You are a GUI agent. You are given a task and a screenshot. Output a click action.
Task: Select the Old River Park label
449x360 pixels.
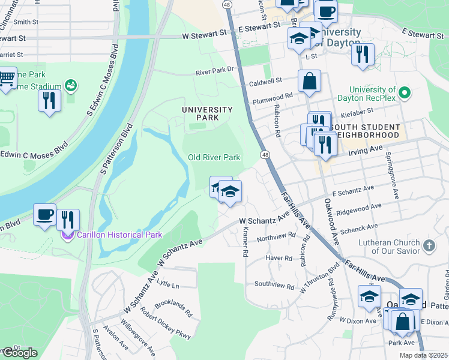(214, 157)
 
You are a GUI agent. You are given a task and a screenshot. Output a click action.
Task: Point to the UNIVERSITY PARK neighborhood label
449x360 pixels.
(207, 113)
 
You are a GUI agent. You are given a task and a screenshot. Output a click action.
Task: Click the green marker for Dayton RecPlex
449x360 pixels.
(405, 93)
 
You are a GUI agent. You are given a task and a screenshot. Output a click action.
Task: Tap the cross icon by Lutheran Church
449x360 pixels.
(429, 245)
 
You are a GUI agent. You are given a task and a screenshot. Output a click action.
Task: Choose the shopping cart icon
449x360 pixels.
(7, 78)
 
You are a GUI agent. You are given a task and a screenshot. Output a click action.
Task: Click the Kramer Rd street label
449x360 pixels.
(245, 241)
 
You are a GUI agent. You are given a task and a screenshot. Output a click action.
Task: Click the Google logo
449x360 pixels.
(19, 353)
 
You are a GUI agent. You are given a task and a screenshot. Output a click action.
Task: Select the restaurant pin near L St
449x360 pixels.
(362, 55)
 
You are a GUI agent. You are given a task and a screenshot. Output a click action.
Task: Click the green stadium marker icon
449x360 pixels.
(70, 86)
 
